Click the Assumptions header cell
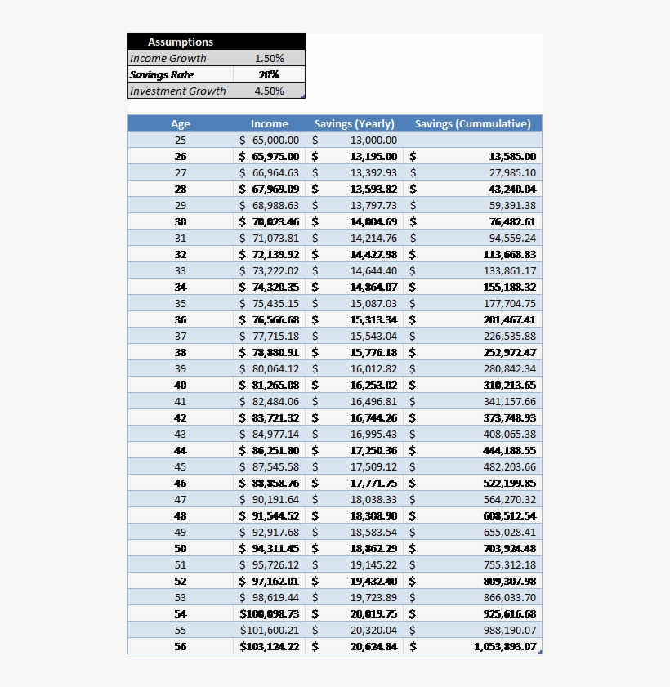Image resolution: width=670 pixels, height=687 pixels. point(181,42)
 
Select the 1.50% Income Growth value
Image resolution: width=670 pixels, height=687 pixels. point(269,58)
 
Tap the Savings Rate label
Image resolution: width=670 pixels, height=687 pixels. point(162,74)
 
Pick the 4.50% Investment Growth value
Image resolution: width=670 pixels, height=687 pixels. point(269,91)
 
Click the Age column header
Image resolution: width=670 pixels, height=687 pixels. point(181,123)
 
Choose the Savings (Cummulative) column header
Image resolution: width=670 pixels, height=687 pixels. point(472,123)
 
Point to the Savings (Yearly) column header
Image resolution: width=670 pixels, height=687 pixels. point(354,123)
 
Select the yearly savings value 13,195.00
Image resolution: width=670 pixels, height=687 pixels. point(373,156)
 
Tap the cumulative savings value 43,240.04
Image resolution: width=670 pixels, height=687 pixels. point(512,189)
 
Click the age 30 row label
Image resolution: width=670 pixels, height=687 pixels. point(181,221)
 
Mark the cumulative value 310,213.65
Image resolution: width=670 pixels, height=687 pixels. point(509,385)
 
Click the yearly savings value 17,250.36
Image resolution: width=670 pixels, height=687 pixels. point(373,450)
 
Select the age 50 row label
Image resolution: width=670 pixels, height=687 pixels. point(181,548)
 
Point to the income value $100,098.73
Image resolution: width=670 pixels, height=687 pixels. point(270,613)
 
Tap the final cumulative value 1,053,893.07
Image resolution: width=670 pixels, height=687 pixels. point(505,646)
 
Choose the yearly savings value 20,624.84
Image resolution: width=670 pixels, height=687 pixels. point(373,646)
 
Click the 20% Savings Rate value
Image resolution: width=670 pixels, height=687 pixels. point(269,74)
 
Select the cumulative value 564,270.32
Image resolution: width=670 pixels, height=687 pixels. point(509,499)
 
